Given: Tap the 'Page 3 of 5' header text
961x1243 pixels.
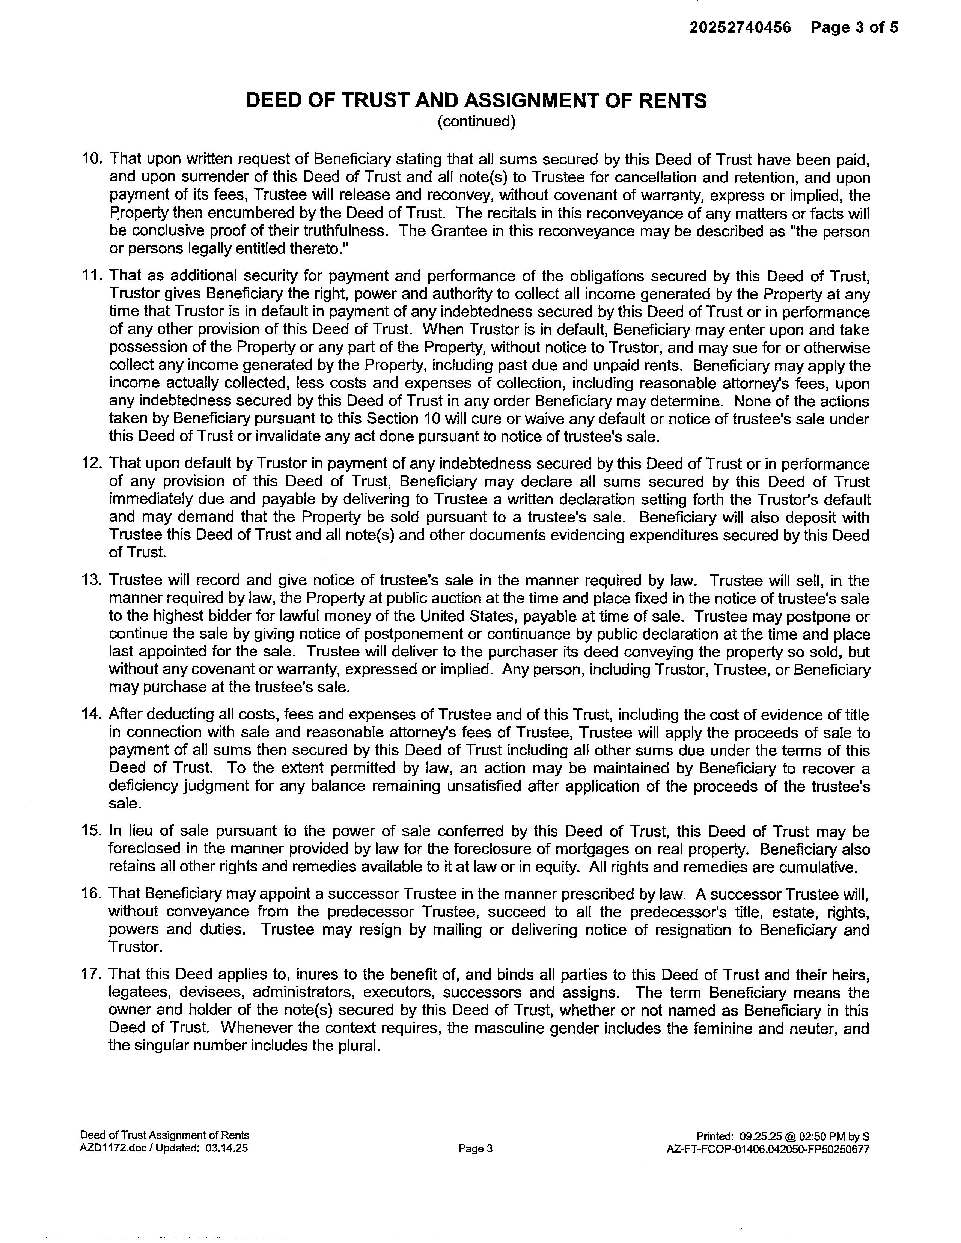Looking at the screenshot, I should point(854,27).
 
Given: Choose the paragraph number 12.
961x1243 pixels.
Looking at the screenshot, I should point(92,464).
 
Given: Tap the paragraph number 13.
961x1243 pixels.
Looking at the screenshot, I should point(92,581).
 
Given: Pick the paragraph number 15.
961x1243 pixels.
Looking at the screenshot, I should point(92,832).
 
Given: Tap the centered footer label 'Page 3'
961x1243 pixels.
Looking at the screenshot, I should point(475,1148).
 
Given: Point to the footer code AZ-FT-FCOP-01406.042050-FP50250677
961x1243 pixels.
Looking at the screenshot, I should point(767,1148).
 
